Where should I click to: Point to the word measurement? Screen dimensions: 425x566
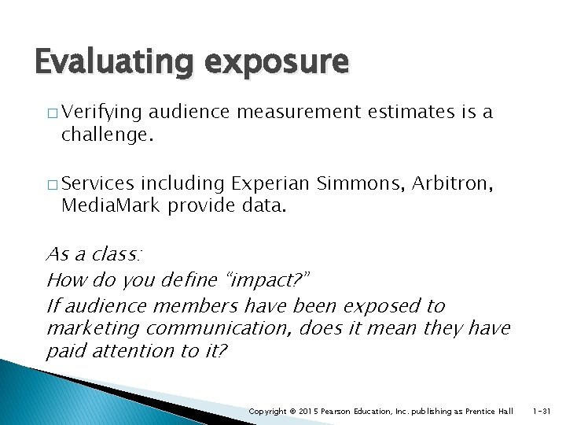pyautogui.click(x=296, y=113)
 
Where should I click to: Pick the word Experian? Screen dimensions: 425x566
pyautogui.click(x=268, y=183)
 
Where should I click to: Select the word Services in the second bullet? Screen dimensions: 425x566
pyautogui.click(x=97, y=183)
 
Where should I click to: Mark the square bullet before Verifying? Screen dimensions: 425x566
pyautogui.click(x=52, y=113)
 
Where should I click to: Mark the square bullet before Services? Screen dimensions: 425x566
pyautogui.click(x=52, y=184)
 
